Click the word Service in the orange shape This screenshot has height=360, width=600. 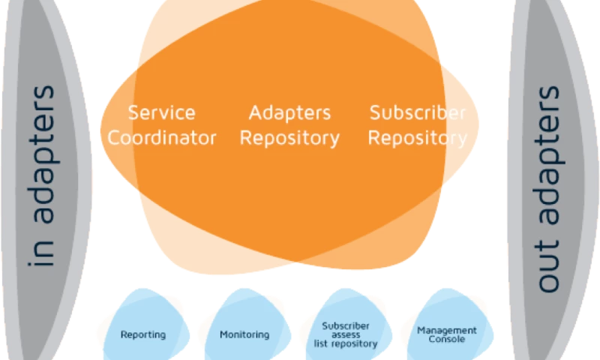point(161,113)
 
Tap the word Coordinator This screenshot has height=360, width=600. point(161,138)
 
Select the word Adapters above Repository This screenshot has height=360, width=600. point(289,113)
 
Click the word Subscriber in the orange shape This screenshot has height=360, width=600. point(418,113)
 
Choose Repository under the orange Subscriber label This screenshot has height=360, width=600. point(418,138)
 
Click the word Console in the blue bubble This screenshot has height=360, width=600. point(447,339)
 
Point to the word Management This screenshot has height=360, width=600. point(447,330)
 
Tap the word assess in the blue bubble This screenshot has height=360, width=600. point(346,334)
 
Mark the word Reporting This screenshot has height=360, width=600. point(143,334)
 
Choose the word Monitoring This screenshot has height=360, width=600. point(244,334)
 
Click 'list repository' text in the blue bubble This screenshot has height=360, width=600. point(346,343)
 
